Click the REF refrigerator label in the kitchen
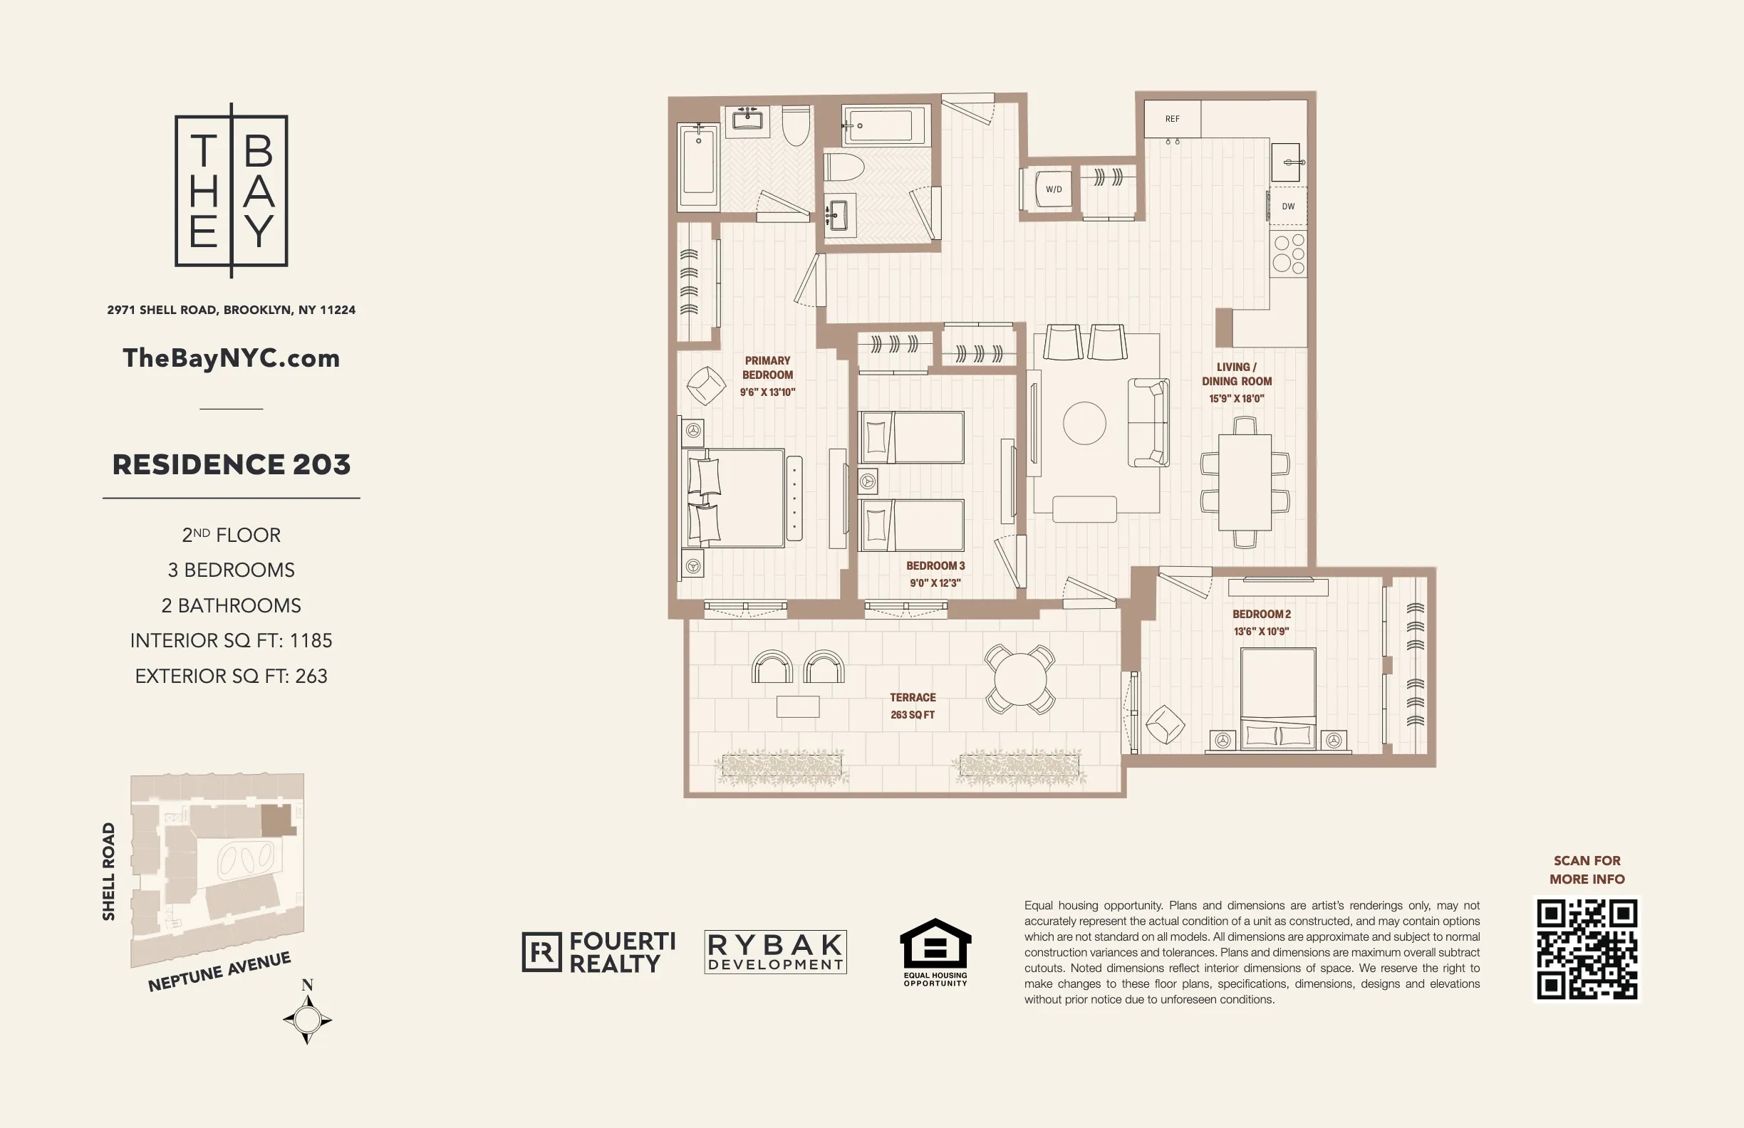(x=1172, y=119)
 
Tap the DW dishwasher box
(x=1288, y=207)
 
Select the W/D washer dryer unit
(x=1053, y=189)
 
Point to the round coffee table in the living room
(x=1084, y=424)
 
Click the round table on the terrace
(x=1019, y=679)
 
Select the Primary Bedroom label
(x=767, y=367)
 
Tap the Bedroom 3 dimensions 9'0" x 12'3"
(x=935, y=583)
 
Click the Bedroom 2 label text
(x=1261, y=614)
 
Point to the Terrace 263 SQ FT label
(x=913, y=706)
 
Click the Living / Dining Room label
(x=1237, y=374)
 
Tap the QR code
(x=1587, y=949)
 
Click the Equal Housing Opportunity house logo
(x=935, y=945)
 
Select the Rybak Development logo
(x=775, y=952)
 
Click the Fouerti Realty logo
(x=598, y=952)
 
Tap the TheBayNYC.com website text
(x=231, y=358)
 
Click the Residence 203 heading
(x=231, y=464)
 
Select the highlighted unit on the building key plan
(x=278, y=820)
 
